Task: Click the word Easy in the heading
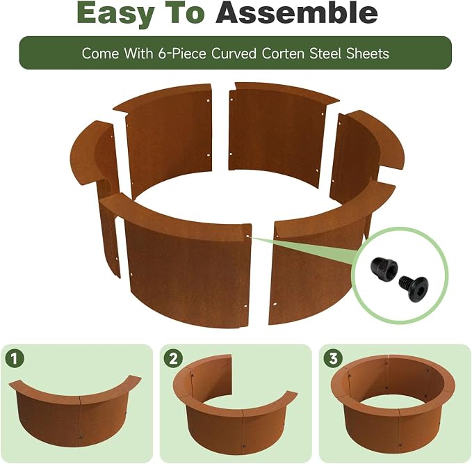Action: pyautogui.click(x=115, y=13)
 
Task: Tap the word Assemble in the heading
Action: pyautogui.click(x=297, y=13)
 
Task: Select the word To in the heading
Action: pyautogui.click(x=184, y=13)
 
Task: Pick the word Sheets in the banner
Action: pyautogui.click(x=368, y=54)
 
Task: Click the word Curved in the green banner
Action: pyautogui.click(x=234, y=54)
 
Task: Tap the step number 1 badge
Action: pyautogui.click(x=14, y=359)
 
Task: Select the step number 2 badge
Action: pyautogui.click(x=173, y=359)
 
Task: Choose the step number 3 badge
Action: pyautogui.click(x=333, y=359)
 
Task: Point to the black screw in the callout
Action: pyautogui.click(x=414, y=288)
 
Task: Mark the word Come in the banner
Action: pyautogui.click(x=100, y=54)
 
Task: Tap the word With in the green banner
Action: pyautogui.click(x=138, y=54)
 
